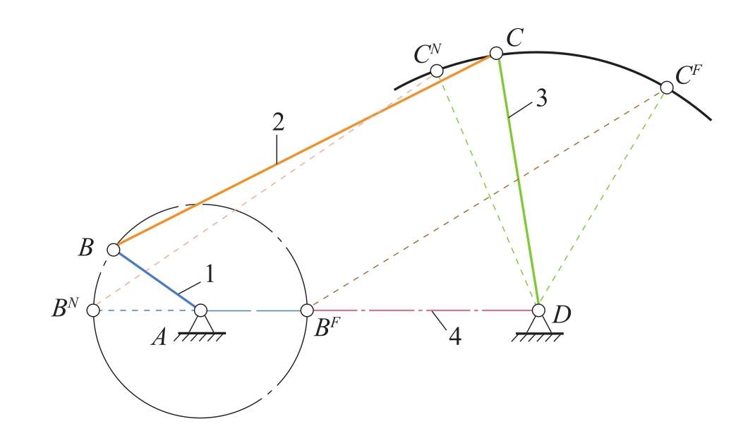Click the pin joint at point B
[113, 249]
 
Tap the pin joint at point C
[496, 53]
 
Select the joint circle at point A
[200, 310]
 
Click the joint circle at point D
[538, 310]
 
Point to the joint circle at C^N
[437, 71]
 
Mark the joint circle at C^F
[666, 87]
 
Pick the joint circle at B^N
[93, 310]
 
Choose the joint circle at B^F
[307, 310]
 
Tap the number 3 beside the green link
[540, 99]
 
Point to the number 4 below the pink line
[455, 337]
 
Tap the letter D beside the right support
[562, 314]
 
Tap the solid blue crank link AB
[157, 279]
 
